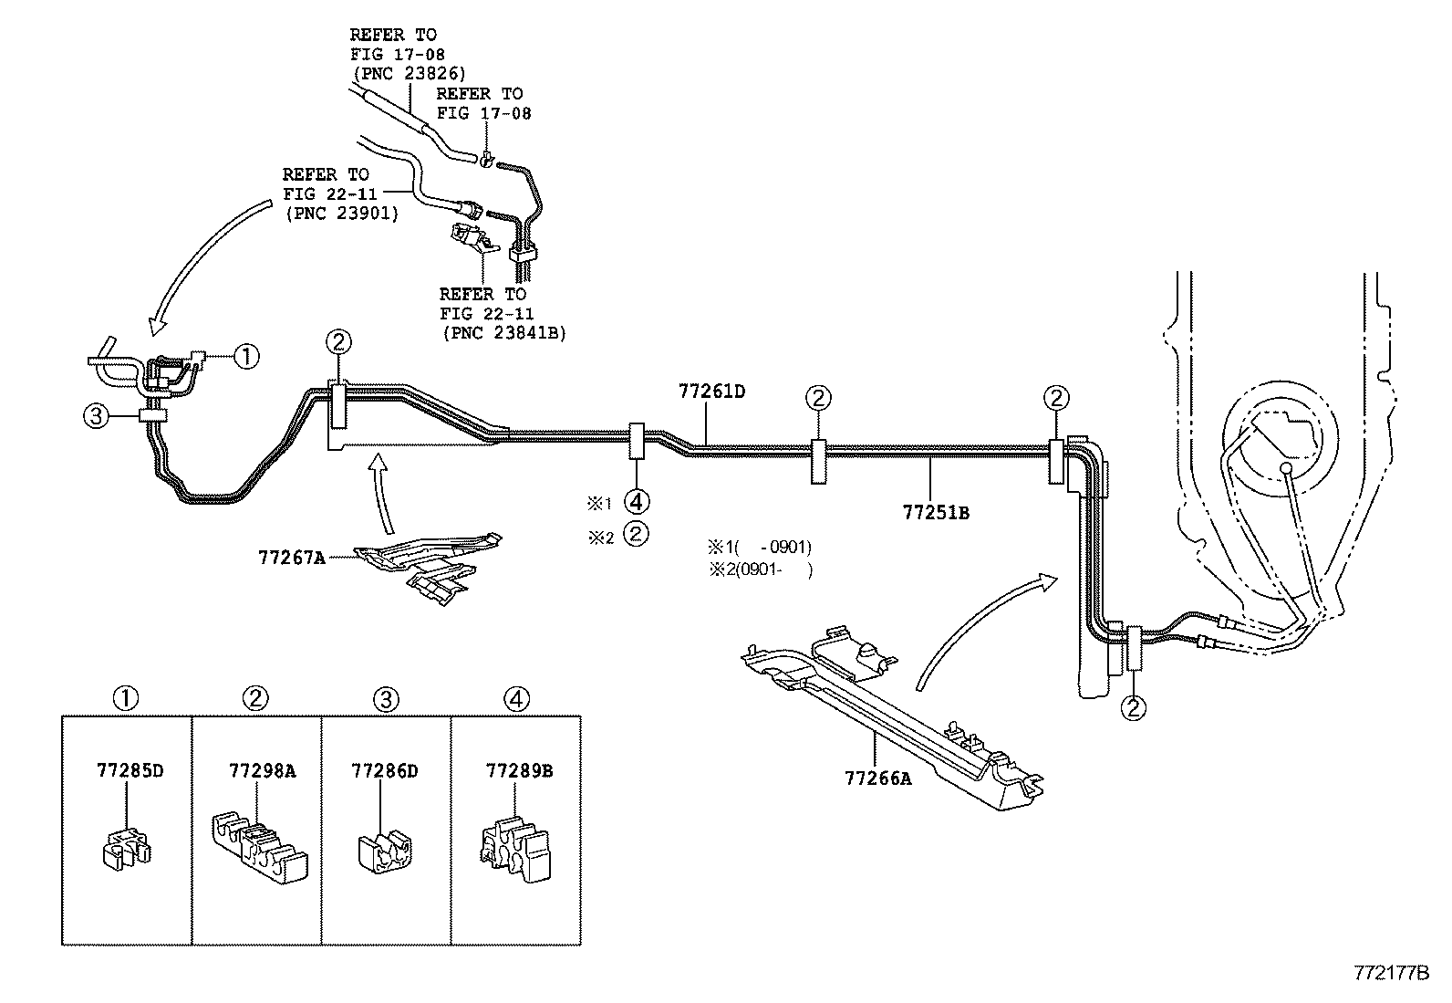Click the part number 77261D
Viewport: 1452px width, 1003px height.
tap(711, 392)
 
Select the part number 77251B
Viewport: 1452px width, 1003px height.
tap(936, 513)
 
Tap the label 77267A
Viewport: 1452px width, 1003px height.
tap(291, 557)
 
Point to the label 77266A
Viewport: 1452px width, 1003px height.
tap(877, 778)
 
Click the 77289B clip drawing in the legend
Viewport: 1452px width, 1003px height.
tap(515, 846)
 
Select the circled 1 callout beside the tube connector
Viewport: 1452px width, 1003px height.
tap(246, 356)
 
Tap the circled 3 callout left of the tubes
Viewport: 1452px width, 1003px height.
tap(96, 417)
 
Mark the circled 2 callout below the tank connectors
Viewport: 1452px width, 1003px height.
tap(1135, 707)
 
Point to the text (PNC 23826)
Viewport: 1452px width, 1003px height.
tap(408, 73)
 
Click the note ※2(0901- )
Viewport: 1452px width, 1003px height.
tap(760, 569)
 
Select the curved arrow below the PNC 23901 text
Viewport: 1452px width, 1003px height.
tap(210, 265)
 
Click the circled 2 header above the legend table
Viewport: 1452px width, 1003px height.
tap(255, 699)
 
